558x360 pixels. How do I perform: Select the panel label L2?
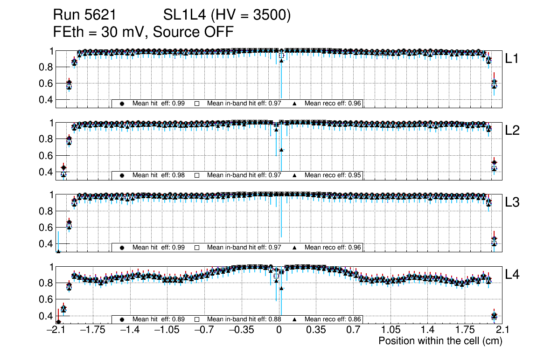pyautogui.click(x=513, y=131)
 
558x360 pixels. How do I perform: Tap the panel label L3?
pyautogui.click(x=513, y=203)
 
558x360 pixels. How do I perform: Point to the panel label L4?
pyautogui.click(x=513, y=275)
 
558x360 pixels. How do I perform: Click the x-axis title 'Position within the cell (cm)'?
pyautogui.click(x=440, y=341)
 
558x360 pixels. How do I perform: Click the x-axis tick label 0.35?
pyautogui.click(x=316, y=330)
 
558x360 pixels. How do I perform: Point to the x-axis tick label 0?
pyautogui.click(x=279, y=330)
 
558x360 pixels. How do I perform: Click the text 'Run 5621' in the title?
pyautogui.click(x=84, y=15)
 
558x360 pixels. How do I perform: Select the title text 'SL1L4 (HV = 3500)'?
pyautogui.click(x=227, y=15)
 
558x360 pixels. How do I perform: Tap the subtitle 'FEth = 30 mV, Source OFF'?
pyautogui.click(x=143, y=32)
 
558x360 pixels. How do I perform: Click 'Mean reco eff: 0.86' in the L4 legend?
pyautogui.click(x=333, y=319)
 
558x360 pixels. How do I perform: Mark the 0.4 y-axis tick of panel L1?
pyautogui.click(x=46, y=100)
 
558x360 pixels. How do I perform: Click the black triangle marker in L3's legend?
pyautogui.click(x=295, y=247)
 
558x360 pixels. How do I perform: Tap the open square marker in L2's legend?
pyautogui.click(x=196, y=175)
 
